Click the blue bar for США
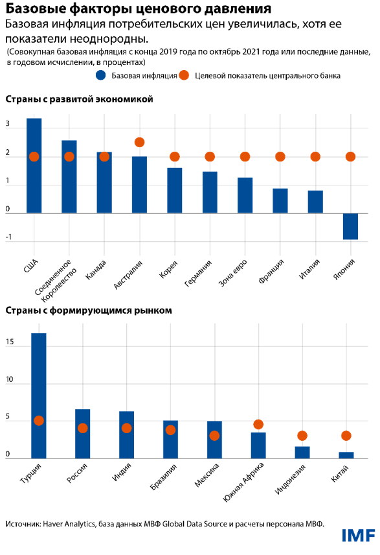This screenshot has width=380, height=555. click(x=34, y=165)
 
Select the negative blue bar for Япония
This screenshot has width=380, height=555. click(x=350, y=226)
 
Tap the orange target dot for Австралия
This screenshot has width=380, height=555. click(x=139, y=142)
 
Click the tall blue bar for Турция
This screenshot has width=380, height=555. click(x=39, y=396)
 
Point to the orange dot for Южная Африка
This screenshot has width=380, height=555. click(x=258, y=425)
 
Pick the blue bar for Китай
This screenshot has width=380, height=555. click(x=346, y=455)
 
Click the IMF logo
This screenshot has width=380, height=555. click(x=358, y=536)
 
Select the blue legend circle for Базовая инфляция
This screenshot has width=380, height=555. click(x=101, y=75)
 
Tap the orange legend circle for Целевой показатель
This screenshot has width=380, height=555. click(x=184, y=75)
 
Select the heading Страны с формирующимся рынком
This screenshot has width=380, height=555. click(x=88, y=311)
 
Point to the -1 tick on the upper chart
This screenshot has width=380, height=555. click(x=8, y=238)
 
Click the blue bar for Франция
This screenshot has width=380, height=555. click(x=280, y=200)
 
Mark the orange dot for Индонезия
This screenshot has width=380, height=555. click(x=302, y=436)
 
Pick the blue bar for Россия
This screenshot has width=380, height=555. click(x=83, y=433)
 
